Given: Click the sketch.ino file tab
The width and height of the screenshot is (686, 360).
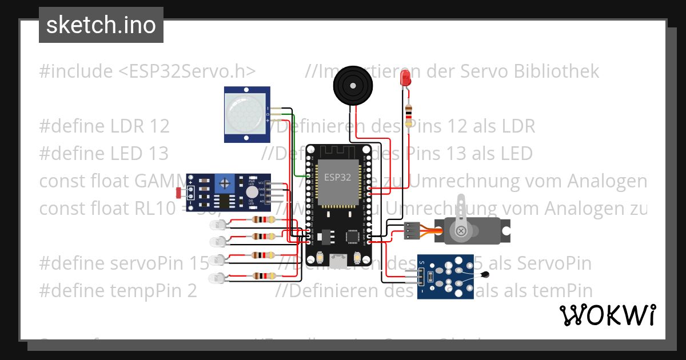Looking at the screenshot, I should click(101, 25).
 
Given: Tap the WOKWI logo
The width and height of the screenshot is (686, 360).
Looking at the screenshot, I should click(607, 315).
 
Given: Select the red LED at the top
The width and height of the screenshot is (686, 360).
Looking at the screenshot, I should click(405, 78).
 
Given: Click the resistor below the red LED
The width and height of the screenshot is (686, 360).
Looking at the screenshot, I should click(408, 116).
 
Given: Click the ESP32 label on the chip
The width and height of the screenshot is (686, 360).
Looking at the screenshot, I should click(338, 177).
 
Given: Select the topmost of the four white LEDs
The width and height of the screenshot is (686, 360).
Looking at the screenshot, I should click(217, 224).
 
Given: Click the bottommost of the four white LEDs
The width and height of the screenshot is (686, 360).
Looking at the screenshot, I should click(218, 278).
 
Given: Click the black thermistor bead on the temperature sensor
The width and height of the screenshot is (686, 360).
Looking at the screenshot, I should click(485, 275).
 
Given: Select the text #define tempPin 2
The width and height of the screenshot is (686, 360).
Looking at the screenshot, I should click(118, 291).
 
